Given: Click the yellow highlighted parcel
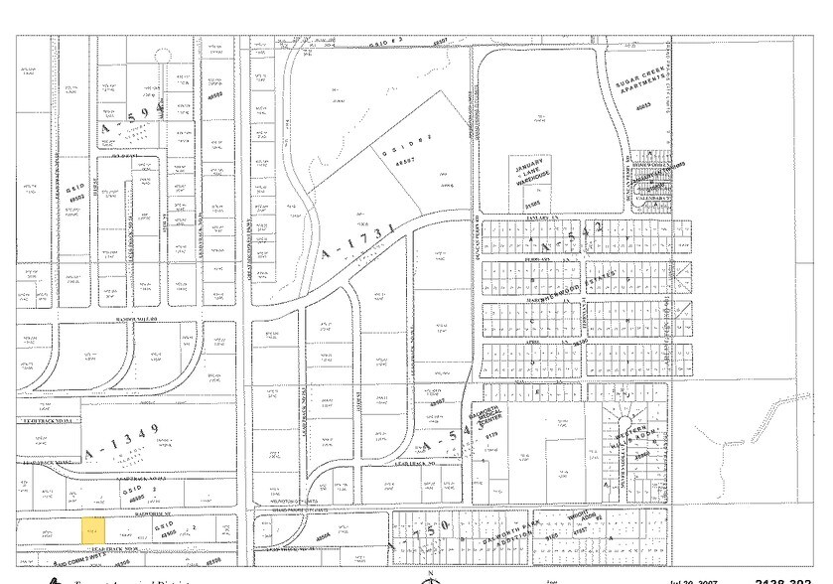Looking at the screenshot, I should coord(92,528).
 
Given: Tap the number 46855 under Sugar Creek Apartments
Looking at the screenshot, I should coord(642,106).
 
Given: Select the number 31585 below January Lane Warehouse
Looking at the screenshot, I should coord(533,206).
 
